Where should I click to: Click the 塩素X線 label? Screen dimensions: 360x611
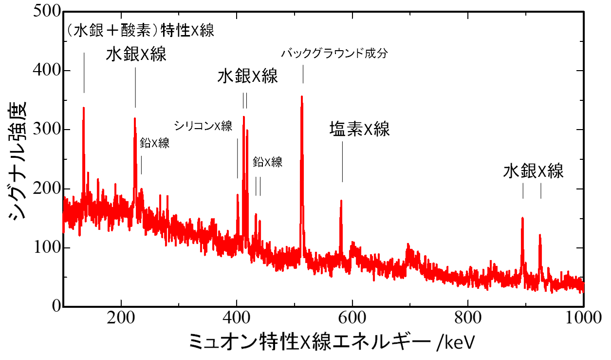click(360, 130)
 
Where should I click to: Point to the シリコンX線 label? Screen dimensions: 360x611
click(204, 126)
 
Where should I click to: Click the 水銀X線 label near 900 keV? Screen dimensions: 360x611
click(533, 171)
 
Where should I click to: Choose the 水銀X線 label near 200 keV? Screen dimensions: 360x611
click(136, 55)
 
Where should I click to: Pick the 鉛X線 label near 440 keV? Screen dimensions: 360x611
click(268, 162)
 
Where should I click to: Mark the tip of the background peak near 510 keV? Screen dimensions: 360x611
click(302, 96)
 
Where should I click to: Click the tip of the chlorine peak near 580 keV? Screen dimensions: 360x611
click(341, 200)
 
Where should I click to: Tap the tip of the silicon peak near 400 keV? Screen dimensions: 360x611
click(238, 195)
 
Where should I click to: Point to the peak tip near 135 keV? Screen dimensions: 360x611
click(84, 108)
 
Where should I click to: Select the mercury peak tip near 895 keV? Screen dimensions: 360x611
click(522, 218)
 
